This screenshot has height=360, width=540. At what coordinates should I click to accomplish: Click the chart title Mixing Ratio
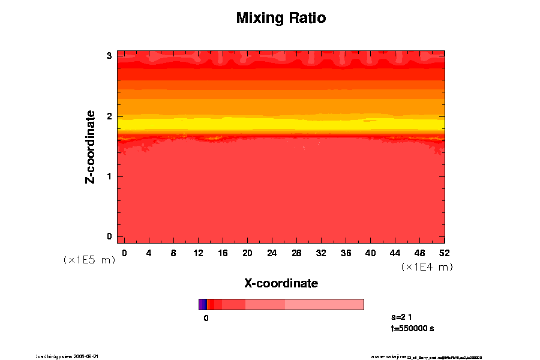click(x=281, y=18)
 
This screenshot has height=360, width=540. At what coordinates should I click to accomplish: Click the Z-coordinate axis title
click(x=91, y=146)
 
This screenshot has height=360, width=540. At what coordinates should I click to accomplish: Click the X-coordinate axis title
click(x=281, y=283)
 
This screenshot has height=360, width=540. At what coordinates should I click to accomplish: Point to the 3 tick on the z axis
click(x=110, y=56)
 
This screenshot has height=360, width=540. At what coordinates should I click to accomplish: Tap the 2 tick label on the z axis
click(x=110, y=116)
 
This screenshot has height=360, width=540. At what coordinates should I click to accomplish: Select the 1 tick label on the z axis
click(x=110, y=176)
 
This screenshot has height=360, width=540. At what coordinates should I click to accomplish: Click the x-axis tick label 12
click(x=198, y=253)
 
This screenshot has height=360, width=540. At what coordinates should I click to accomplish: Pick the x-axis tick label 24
click(x=272, y=253)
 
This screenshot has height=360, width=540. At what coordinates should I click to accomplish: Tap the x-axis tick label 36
click(x=346, y=253)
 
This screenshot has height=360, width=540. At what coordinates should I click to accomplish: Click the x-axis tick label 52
click(x=445, y=253)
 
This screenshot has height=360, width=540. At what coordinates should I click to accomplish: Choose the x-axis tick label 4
click(x=149, y=253)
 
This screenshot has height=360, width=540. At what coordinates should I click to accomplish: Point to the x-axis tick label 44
click(x=395, y=253)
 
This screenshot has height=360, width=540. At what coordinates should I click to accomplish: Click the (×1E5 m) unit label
click(x=89, y=260)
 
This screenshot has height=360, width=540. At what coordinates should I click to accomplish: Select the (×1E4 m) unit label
click(x=427, y=266)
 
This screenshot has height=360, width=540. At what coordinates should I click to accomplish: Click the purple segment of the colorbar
click(x=202, y=304)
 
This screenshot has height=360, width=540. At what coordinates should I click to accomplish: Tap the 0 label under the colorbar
click(x=206, y=318)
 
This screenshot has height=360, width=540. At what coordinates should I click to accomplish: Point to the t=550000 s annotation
click(x=412, y=328)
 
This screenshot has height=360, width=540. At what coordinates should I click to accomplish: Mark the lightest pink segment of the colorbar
click(x=324, y=304)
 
